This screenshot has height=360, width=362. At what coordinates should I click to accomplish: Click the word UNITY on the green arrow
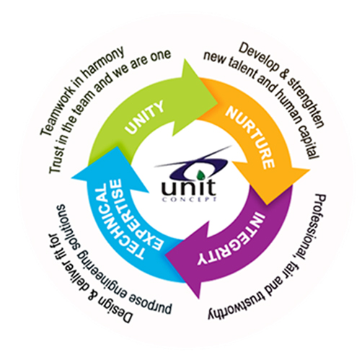click(x=144, y=117)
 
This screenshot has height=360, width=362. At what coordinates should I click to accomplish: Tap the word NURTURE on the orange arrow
click(x=250, y=138)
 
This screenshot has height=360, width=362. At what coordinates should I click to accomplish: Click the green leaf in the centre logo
click(x=200, y=175)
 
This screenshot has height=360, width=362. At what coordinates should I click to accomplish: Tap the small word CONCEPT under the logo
click(x=190, y=199)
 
